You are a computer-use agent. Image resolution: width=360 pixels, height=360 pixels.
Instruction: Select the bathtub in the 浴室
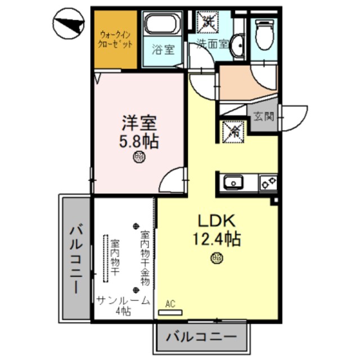click(161, 25)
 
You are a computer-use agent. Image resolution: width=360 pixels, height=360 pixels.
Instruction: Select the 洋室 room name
click(138, 123)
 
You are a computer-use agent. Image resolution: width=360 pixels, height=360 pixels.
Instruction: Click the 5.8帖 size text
click(138, 141)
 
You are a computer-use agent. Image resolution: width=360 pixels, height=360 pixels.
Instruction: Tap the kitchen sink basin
click(232, 183)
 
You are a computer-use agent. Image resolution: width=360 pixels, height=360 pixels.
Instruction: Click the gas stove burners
click(268, 183)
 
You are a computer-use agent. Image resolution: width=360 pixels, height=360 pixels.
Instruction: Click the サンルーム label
click(123, 300)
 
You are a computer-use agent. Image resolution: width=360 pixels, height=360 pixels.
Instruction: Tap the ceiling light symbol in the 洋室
click(138, 157)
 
